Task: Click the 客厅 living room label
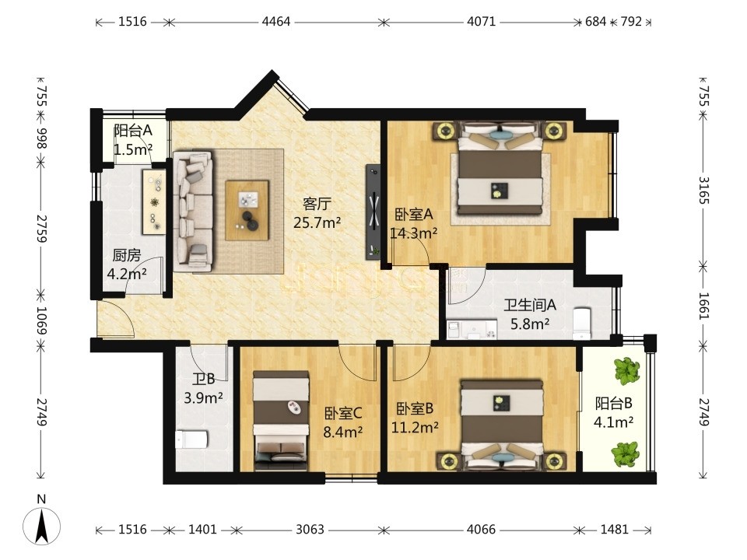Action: click(317, 204)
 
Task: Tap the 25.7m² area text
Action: click(317, 222)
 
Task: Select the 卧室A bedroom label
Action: click(413, 215)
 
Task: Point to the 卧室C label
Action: click(343, 413)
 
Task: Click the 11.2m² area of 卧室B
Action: click(415, 428)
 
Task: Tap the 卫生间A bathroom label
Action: click(530, 305)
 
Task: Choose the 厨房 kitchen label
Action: click(127, 256)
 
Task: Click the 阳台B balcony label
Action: click(614, 404)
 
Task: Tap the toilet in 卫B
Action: click(191, 439)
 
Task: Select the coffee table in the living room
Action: click(247, 210)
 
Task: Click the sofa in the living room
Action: click(193, 212)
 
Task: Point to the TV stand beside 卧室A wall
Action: click(373, 212)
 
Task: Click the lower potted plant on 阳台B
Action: click(626, 454)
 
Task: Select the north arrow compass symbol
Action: click(42, 527)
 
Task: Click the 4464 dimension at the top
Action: click(276, 22)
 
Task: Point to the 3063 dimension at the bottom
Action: click(310, 530)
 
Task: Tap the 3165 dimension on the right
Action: click(704, 190)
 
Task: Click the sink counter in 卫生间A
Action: click(472, 330)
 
